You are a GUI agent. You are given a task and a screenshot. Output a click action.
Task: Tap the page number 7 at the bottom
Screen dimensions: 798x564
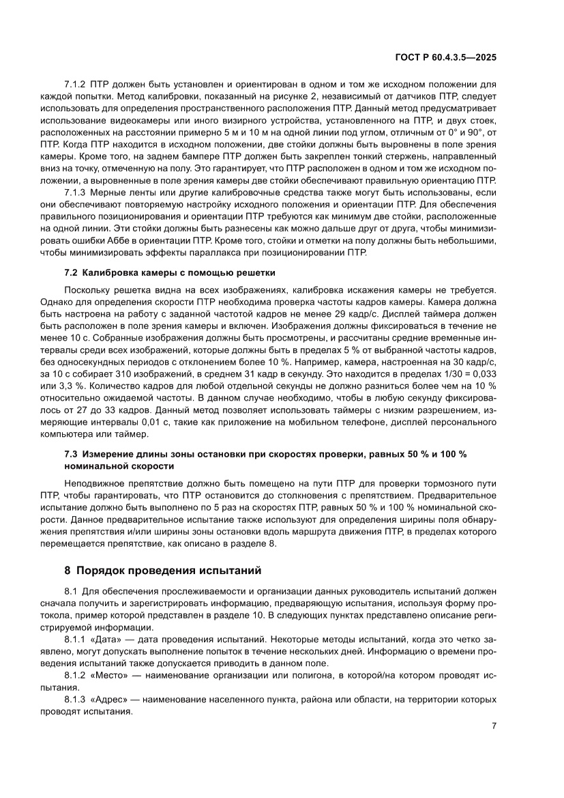pyautogui.click(x=493, y=726)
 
